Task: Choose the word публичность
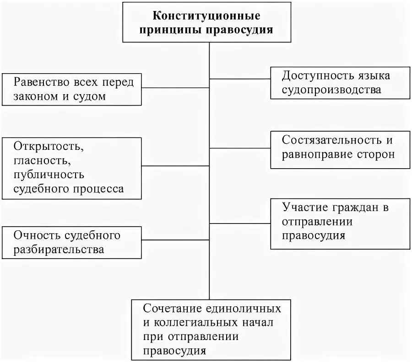tap(49, 174)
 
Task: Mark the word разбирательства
tap(59, 250)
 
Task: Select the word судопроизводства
tap(331, 90)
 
